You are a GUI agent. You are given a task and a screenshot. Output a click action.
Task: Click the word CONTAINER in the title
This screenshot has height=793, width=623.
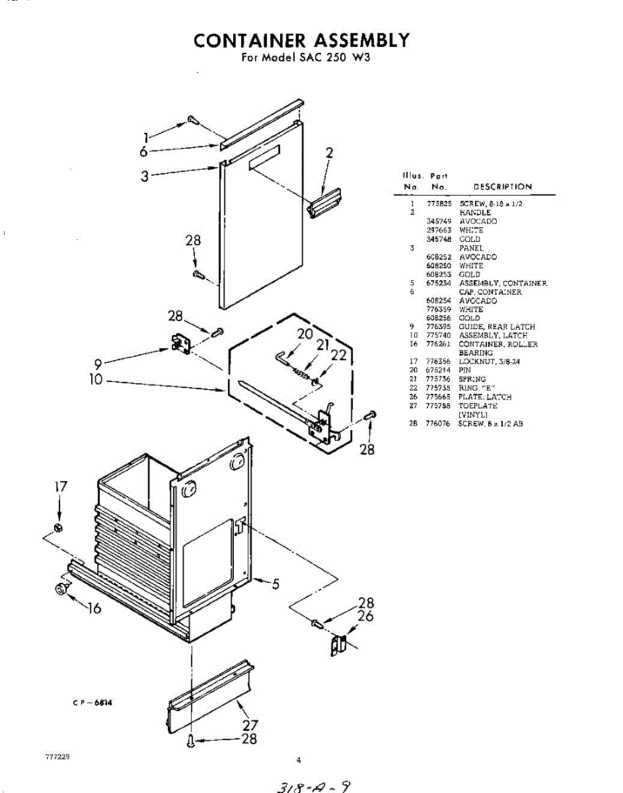coord(248,40)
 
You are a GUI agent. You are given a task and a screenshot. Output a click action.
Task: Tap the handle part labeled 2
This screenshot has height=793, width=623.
coord(325,201)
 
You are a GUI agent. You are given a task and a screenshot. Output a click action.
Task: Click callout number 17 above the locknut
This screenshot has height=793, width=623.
coord(60,487)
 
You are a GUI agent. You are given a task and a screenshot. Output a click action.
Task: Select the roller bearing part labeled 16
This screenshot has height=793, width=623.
coord(62,588)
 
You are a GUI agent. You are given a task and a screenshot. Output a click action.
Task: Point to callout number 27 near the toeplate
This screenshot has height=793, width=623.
coord(250,725)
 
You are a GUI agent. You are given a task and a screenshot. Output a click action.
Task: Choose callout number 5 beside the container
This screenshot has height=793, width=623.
coord(275,584)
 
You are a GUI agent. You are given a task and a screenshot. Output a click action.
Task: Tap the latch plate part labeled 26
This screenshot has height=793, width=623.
coord(338,645)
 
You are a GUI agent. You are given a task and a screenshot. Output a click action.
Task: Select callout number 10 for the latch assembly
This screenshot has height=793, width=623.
coord(96,381)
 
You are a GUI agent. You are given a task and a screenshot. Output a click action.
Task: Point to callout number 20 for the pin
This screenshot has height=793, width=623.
coord(305,334)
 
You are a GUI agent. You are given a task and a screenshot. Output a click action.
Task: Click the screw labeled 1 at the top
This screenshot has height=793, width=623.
coord(193,120)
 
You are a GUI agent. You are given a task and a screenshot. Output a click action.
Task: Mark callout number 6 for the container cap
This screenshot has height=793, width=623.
coord(143,151)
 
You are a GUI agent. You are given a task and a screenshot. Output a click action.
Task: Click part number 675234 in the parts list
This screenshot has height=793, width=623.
coord(438,283)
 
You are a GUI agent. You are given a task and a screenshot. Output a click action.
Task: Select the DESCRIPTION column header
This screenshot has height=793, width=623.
coord(503,187)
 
